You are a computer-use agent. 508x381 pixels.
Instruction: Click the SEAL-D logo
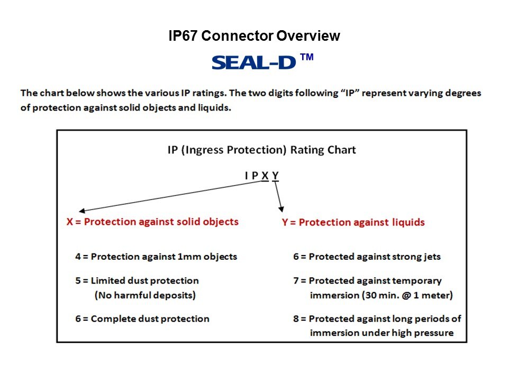point(253,62)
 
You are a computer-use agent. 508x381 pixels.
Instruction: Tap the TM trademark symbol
point(307,57)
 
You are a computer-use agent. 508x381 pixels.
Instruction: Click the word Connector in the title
point(237,35)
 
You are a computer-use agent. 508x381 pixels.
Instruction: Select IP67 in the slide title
point(183,35)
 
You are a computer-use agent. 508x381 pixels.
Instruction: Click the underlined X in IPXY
point(265,176)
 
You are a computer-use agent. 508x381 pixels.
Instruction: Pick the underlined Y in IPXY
point(275,176)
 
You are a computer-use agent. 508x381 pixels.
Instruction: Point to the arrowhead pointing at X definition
point(82,211)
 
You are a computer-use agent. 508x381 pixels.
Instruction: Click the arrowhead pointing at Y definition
point(281,210)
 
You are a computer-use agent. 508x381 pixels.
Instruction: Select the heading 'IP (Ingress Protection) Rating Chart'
point(262,150)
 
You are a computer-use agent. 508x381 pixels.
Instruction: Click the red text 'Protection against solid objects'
point(161,222)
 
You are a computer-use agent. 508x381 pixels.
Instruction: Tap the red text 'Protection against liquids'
point(361,222)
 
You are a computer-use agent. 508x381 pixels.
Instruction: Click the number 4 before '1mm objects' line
point(78,257)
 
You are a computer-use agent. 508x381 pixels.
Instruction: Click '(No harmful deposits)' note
point(145,295)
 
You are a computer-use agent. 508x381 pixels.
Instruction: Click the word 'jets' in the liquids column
point(433,257)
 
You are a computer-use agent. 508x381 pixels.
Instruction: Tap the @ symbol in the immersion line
point(406,295)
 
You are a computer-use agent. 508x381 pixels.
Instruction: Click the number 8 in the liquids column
point(296,319)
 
